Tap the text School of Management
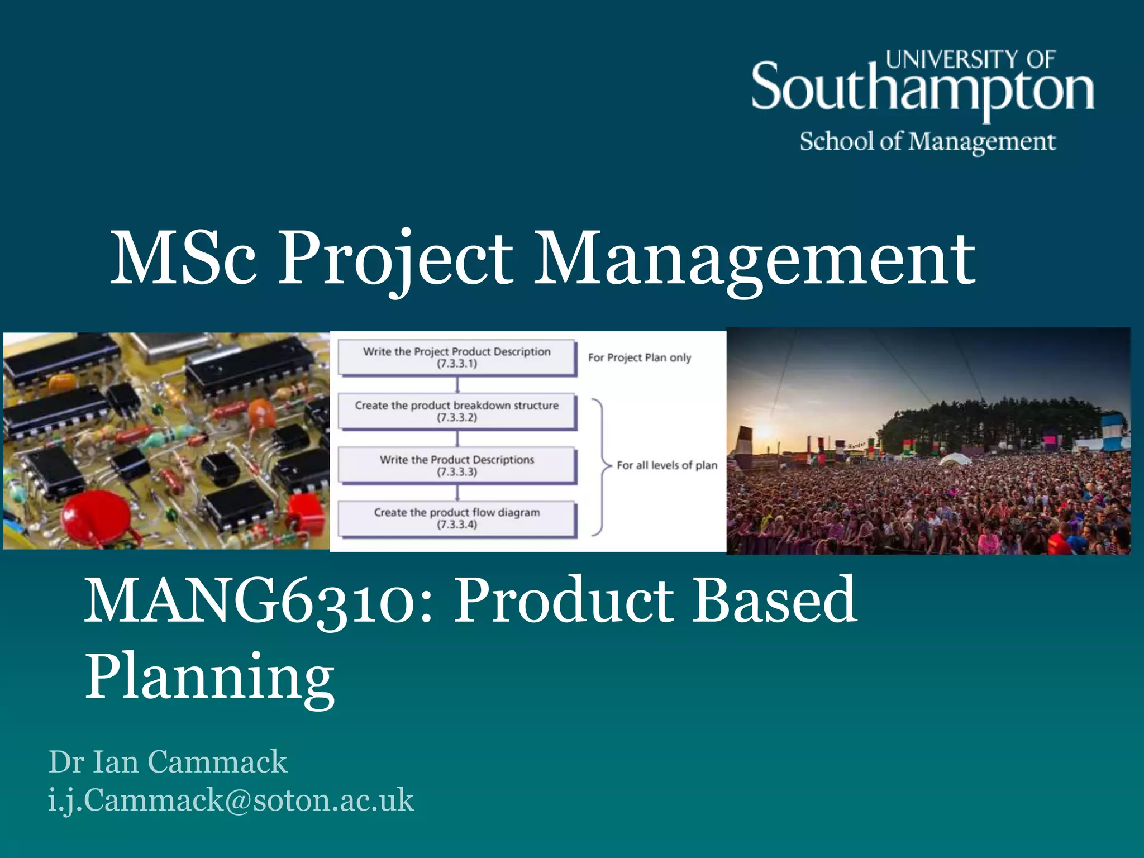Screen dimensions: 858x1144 coord(927,141)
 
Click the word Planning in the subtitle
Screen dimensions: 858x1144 coord(209,676)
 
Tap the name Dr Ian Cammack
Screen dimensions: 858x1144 coord(168,761)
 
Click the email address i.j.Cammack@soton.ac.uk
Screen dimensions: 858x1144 coord(231,799)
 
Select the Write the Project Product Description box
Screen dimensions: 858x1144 coord(457,357)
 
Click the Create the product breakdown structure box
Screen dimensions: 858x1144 coord(457,411)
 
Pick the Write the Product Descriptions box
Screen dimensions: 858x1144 coord(457,465)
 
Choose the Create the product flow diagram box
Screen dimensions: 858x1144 coord(457,518)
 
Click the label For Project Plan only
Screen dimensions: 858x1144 coord(640,357)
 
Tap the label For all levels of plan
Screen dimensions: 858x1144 coord(667,465)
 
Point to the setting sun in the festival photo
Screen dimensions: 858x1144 coord(763,431)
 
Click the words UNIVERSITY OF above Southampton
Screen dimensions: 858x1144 coord(970,59)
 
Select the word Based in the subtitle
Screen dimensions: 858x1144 coord(774,601)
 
